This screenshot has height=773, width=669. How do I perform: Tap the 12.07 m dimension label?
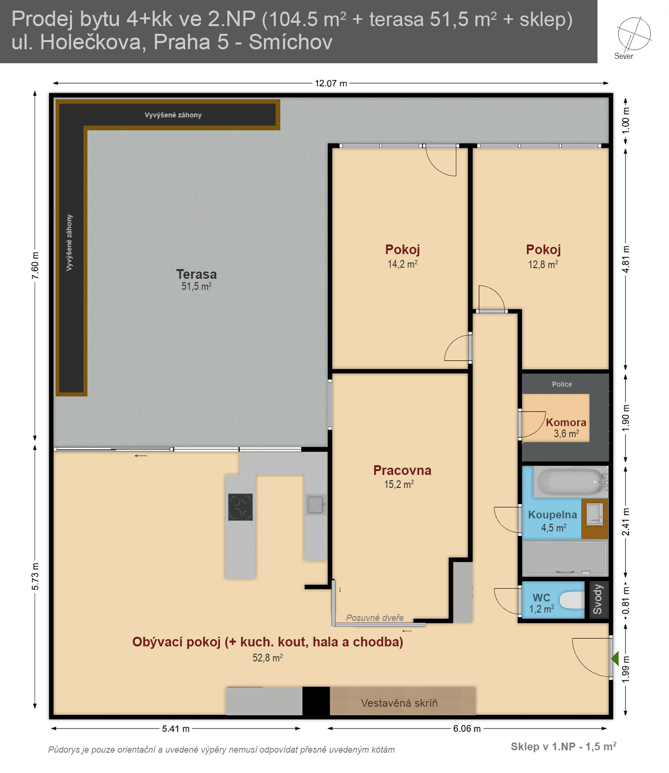point(331,83)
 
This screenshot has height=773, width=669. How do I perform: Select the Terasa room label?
point(196,274)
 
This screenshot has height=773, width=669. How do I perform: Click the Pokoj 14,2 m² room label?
point(402,256)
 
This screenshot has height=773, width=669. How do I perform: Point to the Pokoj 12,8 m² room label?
point(543,256)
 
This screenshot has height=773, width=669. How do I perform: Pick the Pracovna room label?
point(402,470)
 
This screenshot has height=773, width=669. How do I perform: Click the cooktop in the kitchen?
point(240,507)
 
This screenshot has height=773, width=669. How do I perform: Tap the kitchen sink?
point(315,504)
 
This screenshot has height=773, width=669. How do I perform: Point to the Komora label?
point(566,422)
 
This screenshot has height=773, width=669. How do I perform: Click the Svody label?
point(598,600)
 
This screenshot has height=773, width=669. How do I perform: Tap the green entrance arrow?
point(615,658)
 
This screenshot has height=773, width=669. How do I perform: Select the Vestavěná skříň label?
point(399,703)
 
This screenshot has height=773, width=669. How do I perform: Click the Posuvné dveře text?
point(375,617)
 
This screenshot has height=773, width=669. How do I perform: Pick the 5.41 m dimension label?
point(175,729)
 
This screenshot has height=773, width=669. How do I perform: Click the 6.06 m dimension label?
point(467,729)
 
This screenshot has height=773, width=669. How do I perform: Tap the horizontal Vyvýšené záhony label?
point(173,115)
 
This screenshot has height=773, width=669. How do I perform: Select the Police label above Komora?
point(562,384)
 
